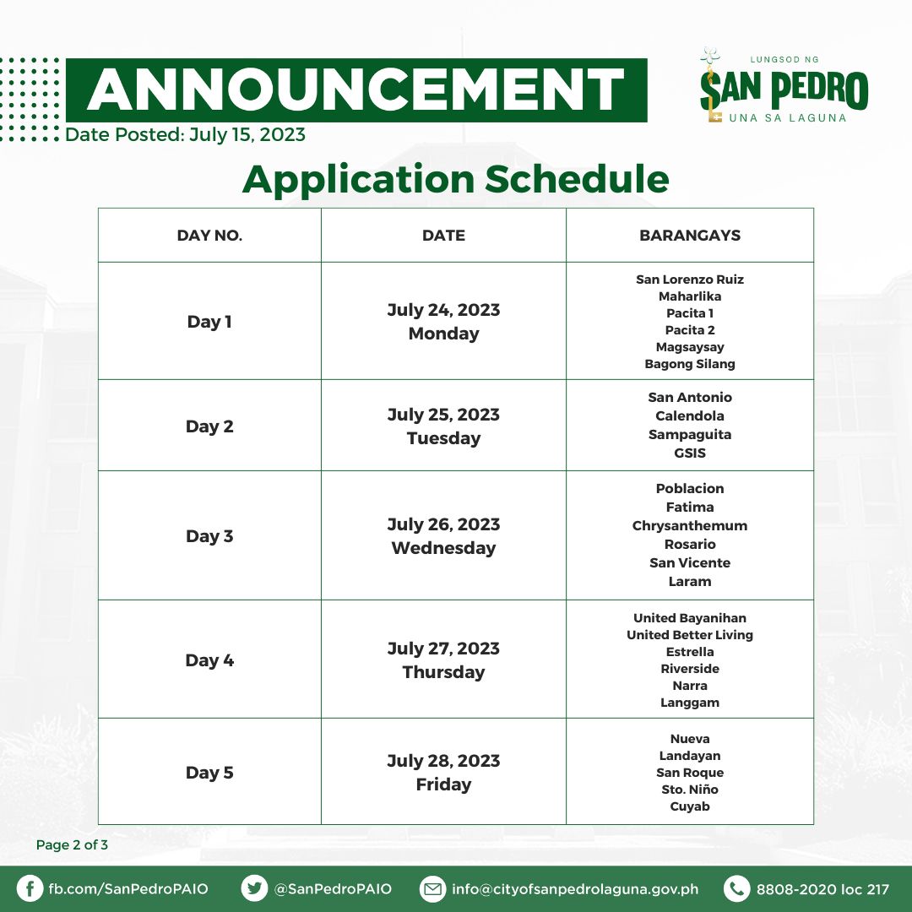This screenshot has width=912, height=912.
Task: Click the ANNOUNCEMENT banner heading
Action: click(356, 90)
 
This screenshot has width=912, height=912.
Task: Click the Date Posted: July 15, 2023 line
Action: click(185, 135)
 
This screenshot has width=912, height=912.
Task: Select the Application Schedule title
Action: click(455, 178)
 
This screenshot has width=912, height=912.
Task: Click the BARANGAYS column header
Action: click(690, 236)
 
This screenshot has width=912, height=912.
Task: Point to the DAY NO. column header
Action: click(209, 236)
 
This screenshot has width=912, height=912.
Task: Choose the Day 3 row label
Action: click(209, 535)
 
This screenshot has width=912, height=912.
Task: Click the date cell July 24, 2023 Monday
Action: click(443, 321)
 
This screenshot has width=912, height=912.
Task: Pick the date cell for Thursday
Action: click(443, 660)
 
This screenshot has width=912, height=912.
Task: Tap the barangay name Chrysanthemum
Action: click(690, 526)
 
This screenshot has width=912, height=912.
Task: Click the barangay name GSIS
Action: click(690, 453)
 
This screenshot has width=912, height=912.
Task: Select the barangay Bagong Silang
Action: click(690, 364)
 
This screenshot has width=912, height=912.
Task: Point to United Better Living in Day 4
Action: click(690, 635)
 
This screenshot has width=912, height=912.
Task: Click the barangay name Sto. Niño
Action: click(690, 790)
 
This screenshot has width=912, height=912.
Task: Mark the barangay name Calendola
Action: click(690, 415)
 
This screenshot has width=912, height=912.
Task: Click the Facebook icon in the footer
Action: click(30, 888)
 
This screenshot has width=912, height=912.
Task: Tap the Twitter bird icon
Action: click(254, 888)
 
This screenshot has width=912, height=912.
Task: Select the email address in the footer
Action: click(575, 889)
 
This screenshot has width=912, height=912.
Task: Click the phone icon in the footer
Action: click(737, 888)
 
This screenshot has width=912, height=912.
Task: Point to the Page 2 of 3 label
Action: click(72, 845)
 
